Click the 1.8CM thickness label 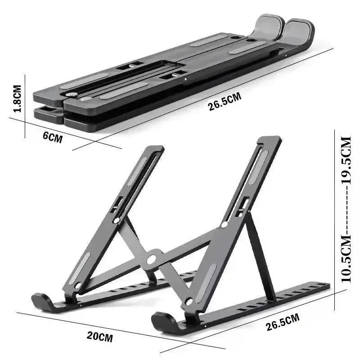click(x=17, y=99)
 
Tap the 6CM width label click(x=52, y=137)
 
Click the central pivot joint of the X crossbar click(x=152, y=259)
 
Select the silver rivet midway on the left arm click(x=117, y=220)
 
